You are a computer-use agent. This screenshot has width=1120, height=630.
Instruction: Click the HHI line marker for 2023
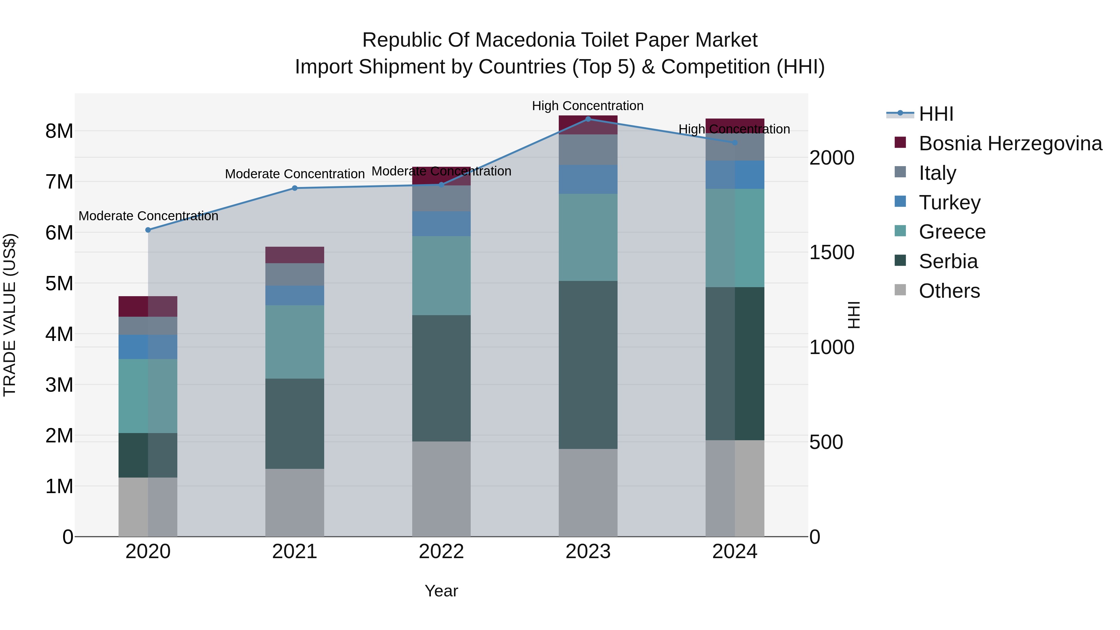pyautogui.click(x=588, y=119)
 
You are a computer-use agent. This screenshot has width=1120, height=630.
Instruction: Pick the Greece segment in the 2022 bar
pyautogui.click(x=441, y=275)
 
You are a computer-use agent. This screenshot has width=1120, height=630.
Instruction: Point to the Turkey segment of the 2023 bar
pyautogui.click(x=588, y=179)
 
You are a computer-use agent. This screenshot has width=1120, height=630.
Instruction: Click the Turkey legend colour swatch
pyautogui.click(x=900, y=202)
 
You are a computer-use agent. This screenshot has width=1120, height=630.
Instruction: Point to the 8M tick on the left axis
pyautogui.click(x=59, y=131)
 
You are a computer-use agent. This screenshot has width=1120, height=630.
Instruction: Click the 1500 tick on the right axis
pyautogui.click(x=831, y=253)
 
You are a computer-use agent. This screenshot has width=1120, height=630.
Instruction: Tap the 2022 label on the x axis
pyautogui.click(x=441, y=552)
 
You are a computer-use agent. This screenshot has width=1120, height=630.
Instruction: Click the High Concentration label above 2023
pyautogui.click(x=587, y=106)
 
